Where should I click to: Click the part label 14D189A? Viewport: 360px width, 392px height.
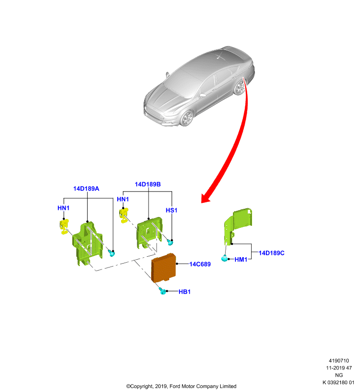[86, 189]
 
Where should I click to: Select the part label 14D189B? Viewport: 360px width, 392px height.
[148, 184]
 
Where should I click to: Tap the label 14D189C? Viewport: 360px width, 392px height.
[271, 253]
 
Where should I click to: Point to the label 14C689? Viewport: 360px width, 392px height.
[200, 264]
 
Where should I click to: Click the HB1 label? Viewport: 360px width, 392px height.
[184, 292]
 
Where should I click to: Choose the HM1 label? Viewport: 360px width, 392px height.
[241, 260]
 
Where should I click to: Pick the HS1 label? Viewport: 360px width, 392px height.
[171, 210]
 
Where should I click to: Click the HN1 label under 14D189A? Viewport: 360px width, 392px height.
[63, 208]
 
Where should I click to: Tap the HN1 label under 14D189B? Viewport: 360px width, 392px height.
[123, 199]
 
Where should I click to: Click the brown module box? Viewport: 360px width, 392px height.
[164, 268]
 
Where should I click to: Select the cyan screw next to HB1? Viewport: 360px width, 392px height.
[162, 291]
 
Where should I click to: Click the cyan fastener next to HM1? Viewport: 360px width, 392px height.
[225, 258]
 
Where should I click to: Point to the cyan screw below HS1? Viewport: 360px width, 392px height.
[170, 242]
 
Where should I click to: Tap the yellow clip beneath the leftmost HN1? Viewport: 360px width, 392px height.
[64, 226]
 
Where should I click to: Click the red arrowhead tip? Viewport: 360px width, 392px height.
[202, 202]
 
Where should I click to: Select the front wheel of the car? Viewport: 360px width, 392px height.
[187, 118]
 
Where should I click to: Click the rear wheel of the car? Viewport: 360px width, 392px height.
[240, 87]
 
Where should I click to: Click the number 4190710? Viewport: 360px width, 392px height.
[339, 361]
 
